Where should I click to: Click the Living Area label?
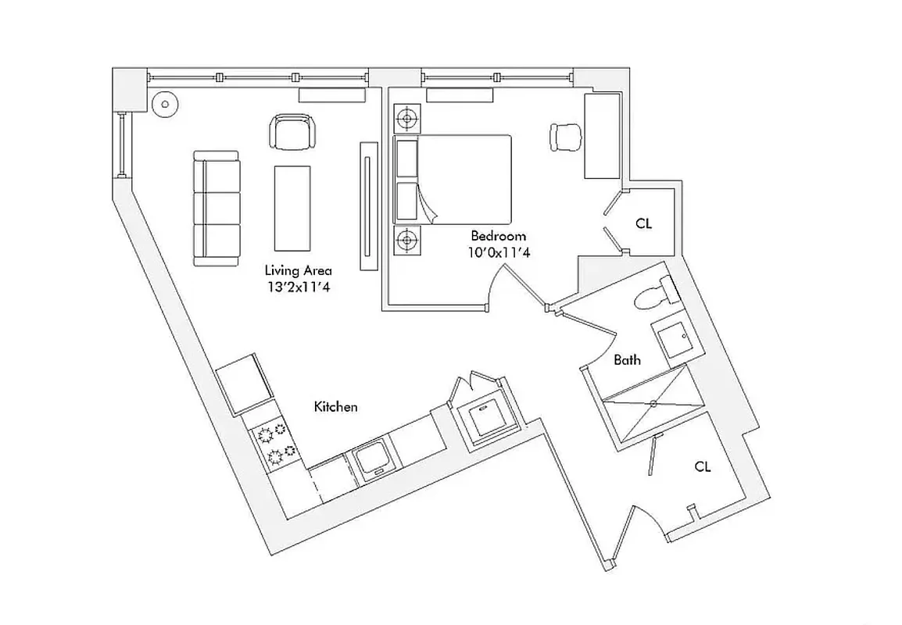(298, 271)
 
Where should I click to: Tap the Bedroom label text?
(498, 235)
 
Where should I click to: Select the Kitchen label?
(335, 407)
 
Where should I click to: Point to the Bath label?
(627, 360)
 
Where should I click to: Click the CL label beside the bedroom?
(643, 223)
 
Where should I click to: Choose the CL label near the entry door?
(703, 466)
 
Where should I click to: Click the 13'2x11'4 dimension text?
(298, 287)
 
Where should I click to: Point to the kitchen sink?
(370, 458)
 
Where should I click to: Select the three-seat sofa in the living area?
(217, 209)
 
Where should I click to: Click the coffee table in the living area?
(292, 207)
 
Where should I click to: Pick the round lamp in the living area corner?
(165, 104)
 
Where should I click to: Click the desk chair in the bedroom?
(567, 137)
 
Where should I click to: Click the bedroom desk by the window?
(603, 136)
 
